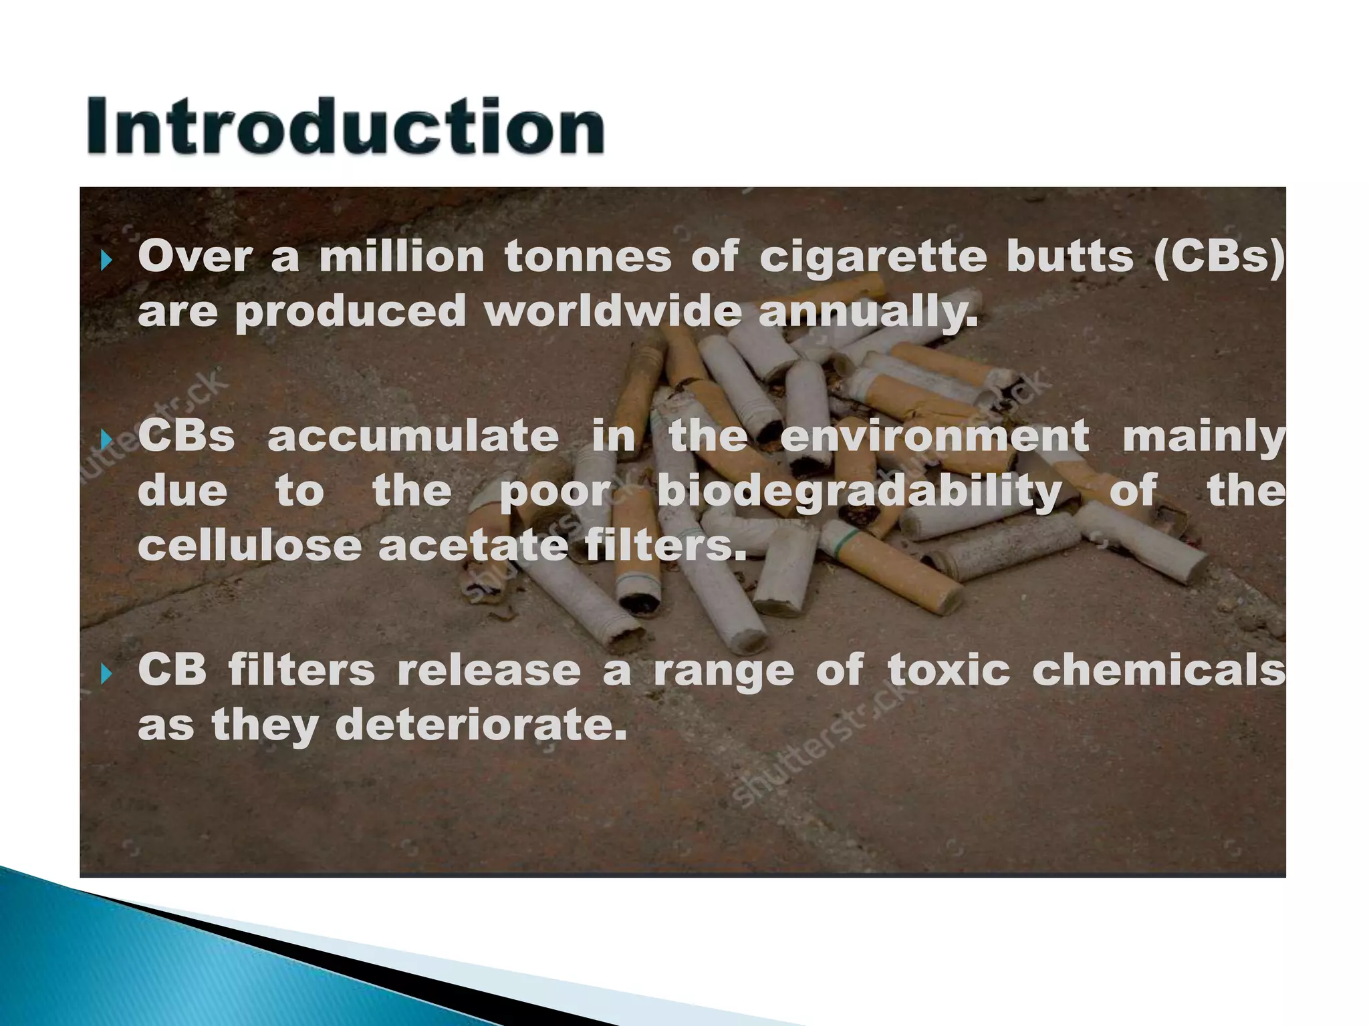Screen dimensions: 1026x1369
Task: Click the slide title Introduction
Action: coord(346,127)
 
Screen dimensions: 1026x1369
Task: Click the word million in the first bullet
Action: coord(402,257)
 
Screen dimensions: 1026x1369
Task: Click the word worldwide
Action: coord(613,312)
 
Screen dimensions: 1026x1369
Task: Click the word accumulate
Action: coord(413,436)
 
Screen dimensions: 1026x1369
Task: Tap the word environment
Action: coord(935,436)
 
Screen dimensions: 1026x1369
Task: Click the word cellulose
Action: coord(250,546)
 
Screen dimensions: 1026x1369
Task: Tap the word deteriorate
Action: coord(481,725)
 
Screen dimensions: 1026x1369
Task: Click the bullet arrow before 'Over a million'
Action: coord(106,260)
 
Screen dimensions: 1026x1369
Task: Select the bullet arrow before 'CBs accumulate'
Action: coord(106,439)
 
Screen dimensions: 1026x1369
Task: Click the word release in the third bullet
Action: coord(489,670)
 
